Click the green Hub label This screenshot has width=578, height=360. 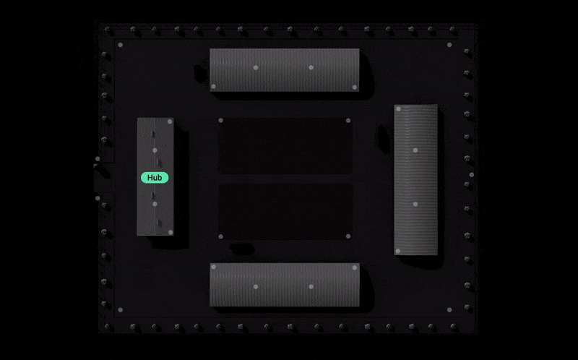pyautogui.click(x=155, y=178)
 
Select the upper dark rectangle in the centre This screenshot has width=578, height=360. pyautogui.click(x=285, y=146)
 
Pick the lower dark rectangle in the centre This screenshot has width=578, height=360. pyautogui.click(x=285, y=211)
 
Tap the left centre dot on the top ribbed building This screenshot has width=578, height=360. pyautogui.click(x=256, y=67)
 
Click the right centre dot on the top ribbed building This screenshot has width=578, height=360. pyautogui.click(x=311, y=67)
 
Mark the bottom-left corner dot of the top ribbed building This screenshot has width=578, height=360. pyautogui.click(x=213, y=87)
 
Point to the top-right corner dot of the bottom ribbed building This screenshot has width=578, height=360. pyautogui.click(x=355, y=267)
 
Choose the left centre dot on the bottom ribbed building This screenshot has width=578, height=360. pyautogui.click(x=256, y=286)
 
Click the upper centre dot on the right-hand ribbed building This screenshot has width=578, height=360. pyautogui.click(x=415, y=150)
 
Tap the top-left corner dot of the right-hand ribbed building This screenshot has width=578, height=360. pyautogui.click(x=398, y=109)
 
